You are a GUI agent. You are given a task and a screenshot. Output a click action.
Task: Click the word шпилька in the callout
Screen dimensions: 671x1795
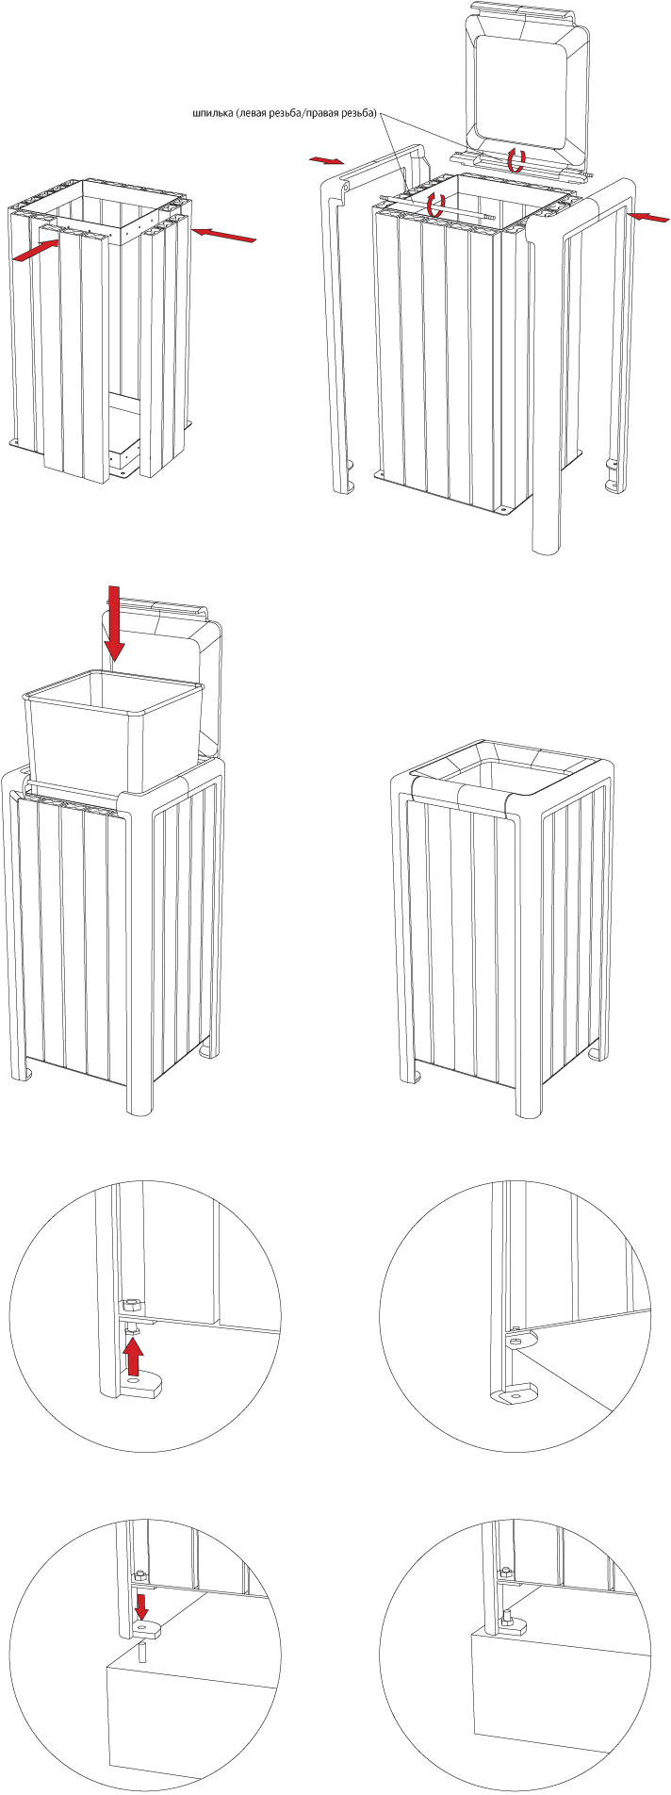coord(209,114)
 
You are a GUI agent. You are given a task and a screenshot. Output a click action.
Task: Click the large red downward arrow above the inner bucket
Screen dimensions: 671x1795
coord(114,622)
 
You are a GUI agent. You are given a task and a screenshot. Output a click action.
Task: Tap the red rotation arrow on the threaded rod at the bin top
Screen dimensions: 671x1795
coord(434,203)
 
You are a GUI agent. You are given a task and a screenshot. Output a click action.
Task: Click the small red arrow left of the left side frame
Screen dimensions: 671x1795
coord(327,161)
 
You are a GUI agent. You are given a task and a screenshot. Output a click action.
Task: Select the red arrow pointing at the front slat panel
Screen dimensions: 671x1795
coord(38,252)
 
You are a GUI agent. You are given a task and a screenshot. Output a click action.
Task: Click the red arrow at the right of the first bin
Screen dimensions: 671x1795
coord(222,234)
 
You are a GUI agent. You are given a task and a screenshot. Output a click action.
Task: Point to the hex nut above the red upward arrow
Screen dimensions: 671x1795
coord(132,1305)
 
